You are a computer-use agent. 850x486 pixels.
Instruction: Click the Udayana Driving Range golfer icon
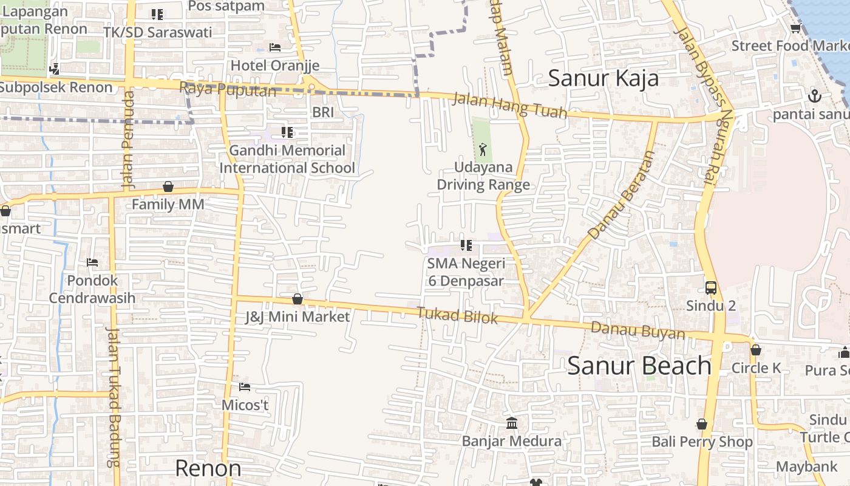point(483,149)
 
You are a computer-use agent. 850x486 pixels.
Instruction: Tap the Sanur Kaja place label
point(603,78)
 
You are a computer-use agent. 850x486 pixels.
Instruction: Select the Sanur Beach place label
point(639,366)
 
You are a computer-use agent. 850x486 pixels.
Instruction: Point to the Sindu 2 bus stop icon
point(710,287)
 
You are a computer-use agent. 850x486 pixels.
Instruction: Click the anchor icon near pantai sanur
point(814,96)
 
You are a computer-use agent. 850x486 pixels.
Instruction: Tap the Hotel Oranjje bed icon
point(275,47)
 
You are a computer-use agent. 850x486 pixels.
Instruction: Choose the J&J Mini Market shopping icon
point(297,299)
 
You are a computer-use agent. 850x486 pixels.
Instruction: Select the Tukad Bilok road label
point(457,316)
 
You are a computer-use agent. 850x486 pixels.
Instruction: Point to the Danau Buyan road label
point(637,331)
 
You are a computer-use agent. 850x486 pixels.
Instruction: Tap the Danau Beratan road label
point(622,195)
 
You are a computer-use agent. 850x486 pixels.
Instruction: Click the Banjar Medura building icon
point(511,423)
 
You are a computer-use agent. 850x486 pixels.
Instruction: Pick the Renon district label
point(208,468)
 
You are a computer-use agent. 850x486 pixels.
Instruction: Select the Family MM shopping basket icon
point(168,187)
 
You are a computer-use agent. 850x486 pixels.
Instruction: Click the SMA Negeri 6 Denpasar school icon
point(466,245)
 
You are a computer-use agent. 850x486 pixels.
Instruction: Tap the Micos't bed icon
point(245,387)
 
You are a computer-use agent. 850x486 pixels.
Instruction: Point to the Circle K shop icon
point(755,350)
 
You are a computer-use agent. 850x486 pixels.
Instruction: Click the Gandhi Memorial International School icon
point(287,132)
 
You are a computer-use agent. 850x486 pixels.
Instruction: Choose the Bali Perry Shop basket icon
point(702,424)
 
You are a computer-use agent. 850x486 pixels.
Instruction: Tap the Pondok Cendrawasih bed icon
point(92,262)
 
